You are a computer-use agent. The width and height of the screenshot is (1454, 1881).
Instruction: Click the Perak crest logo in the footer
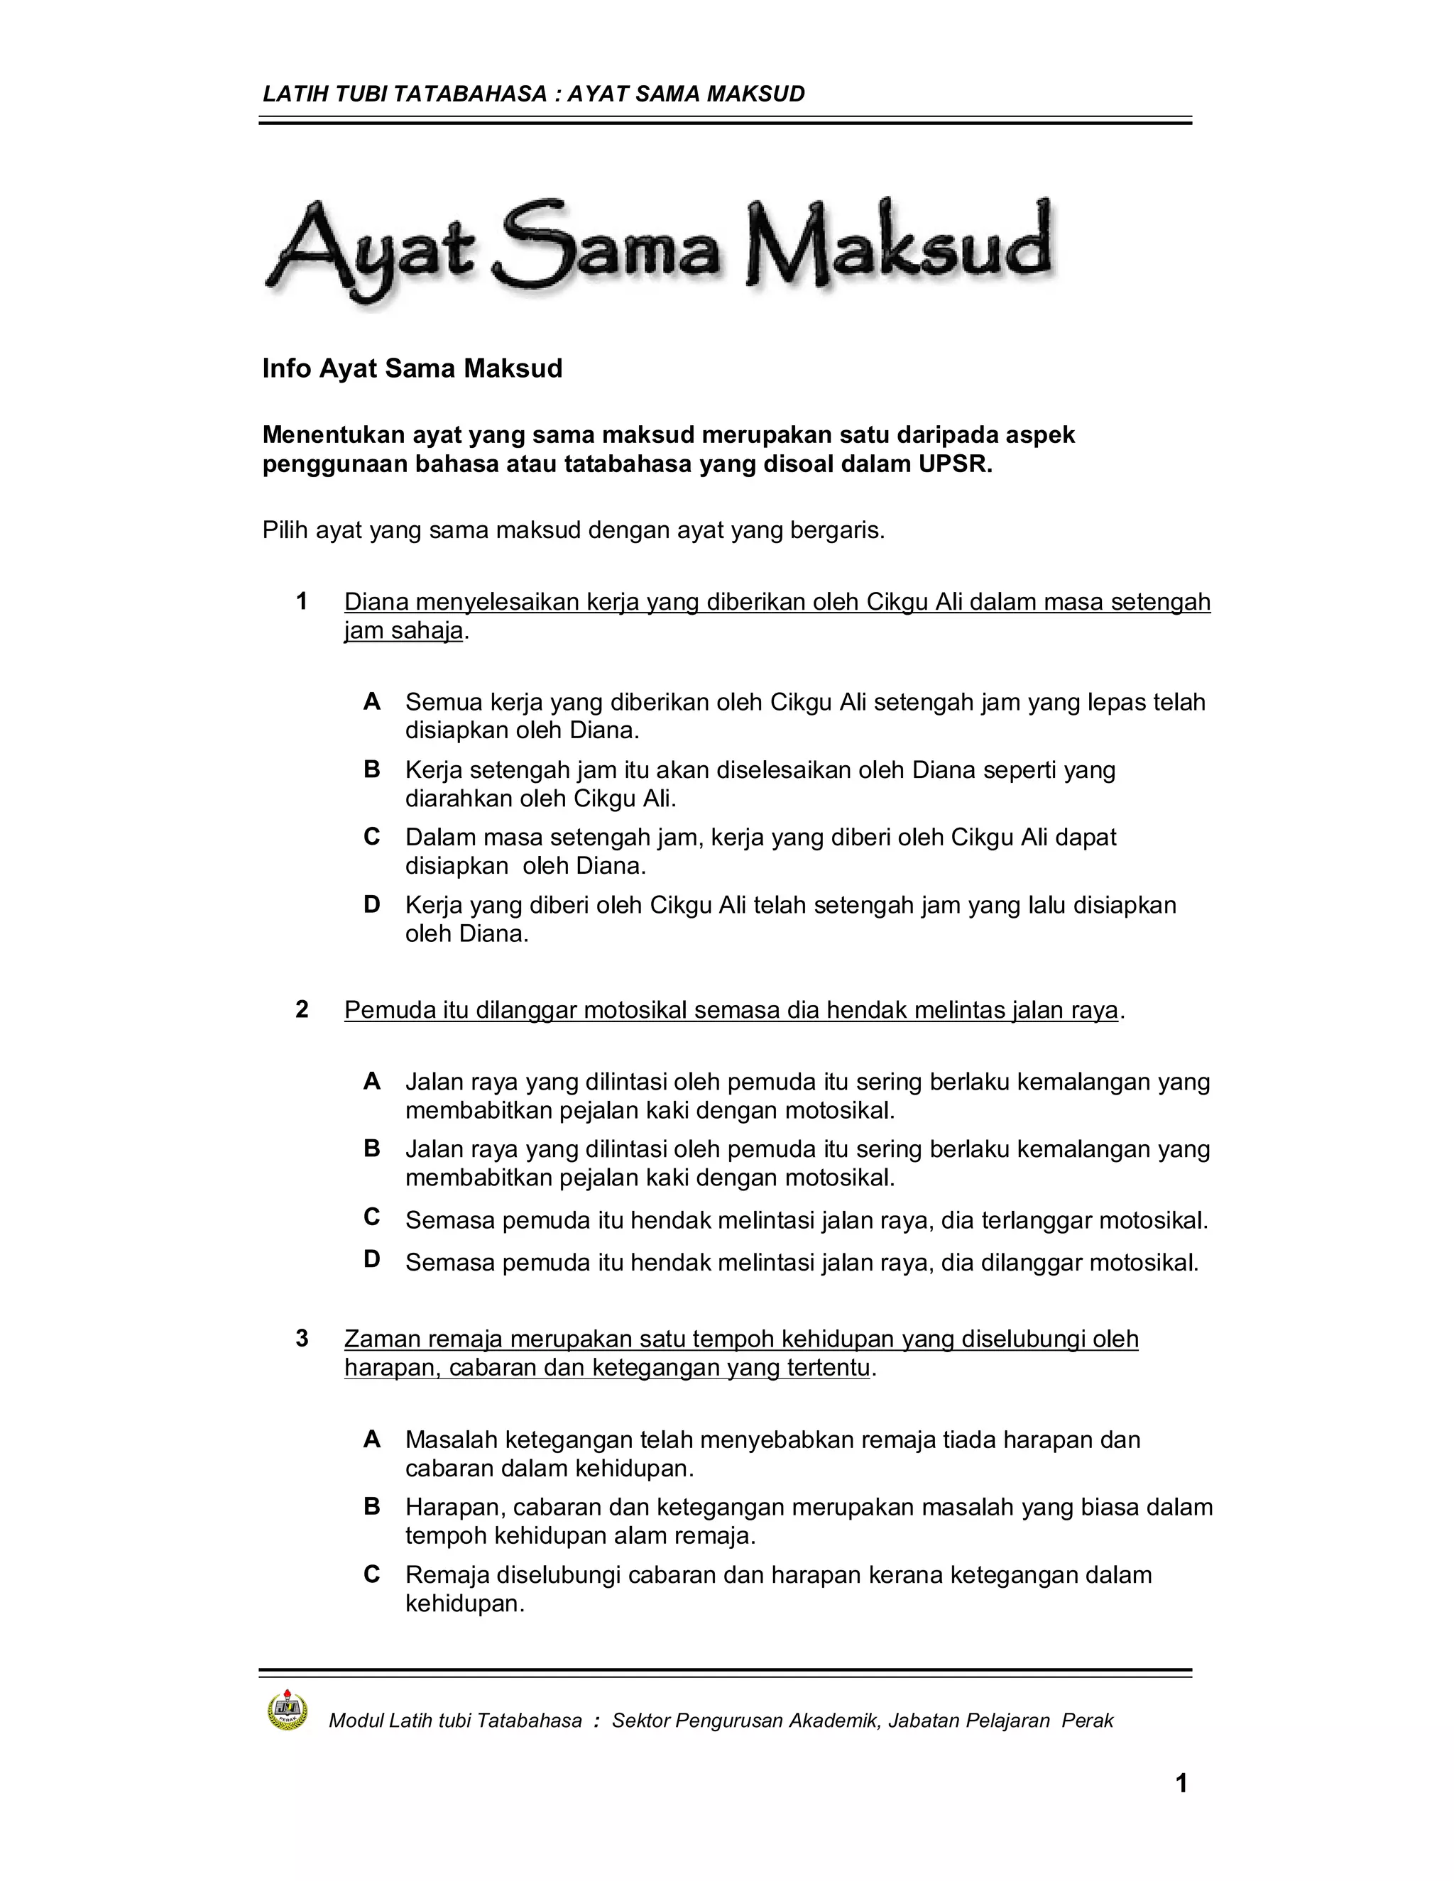coord(288,1709)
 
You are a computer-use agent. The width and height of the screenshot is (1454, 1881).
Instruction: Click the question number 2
coord(302,1009)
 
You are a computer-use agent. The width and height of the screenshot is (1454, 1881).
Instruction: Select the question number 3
coord(302,1339)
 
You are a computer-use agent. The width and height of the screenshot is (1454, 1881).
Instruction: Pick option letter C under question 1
coord(372,836)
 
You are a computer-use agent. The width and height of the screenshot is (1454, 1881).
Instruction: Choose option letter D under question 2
coord(372,1259)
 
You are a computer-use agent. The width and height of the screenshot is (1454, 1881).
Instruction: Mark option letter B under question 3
coord(372,1506)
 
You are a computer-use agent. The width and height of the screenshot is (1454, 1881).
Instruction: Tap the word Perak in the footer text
coord(1087,1721)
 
